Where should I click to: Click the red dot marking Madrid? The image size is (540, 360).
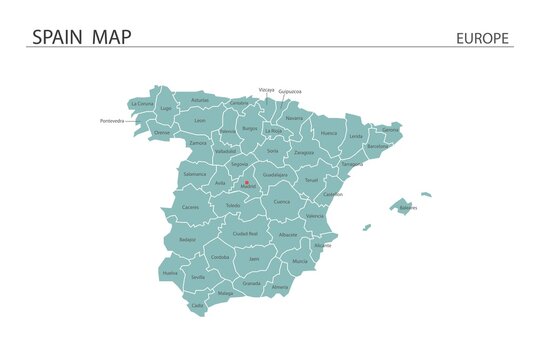[247, 182]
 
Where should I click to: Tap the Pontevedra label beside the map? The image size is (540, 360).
[113, 121]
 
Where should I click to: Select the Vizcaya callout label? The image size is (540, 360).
[266, 90]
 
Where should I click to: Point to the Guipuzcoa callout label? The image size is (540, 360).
[291, 91]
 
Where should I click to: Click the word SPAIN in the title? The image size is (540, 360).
[58, 38]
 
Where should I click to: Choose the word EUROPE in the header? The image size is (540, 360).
[482, 39]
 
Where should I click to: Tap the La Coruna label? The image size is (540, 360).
[142, 104]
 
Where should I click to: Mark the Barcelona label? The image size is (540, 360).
[378, 146]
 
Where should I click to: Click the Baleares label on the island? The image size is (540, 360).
[408, 208]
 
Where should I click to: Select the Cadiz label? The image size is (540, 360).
[197, 305]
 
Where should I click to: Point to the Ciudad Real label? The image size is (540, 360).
[246, 233]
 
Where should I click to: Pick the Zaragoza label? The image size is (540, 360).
[304, 153]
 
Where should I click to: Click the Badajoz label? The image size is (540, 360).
[188, 240]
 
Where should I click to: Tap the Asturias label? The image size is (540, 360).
[200, 100]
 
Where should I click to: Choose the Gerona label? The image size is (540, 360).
[390, 130]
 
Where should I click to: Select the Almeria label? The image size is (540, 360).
[280, 287]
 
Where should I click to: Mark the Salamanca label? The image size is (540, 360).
[195, 174]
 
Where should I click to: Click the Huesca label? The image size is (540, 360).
[329, 133]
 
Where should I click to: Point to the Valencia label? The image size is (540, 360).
[315, 216]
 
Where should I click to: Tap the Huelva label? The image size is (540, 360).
[170, 272]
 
